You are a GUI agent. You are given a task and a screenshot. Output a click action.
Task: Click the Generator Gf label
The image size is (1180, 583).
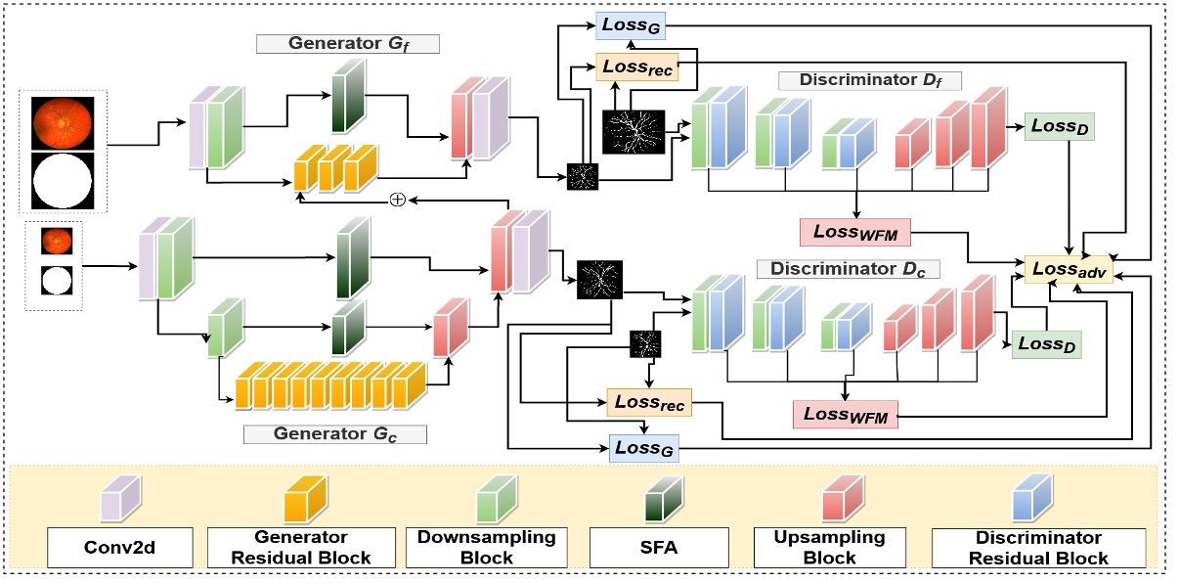(x=348, y=44)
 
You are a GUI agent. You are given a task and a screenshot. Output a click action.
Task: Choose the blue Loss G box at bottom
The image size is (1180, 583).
(x=642, y=448)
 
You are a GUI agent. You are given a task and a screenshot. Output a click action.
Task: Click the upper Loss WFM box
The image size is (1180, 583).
(x=855, y=232)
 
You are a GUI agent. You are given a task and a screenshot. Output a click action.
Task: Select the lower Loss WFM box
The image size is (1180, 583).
(x=847, y=414)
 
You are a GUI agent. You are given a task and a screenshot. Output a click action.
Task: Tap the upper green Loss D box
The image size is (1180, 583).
(x=1059, y=127)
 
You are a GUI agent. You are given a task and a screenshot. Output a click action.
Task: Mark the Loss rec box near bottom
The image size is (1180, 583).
(x=648, y=401)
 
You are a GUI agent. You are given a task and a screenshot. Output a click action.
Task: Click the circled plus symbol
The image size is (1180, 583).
(x=397, y=200)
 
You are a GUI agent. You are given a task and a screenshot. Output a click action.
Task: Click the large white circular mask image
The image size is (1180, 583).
(x=63, y=181)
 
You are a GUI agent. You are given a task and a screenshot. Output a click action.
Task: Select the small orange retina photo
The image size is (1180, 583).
(x=55, y=241)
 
